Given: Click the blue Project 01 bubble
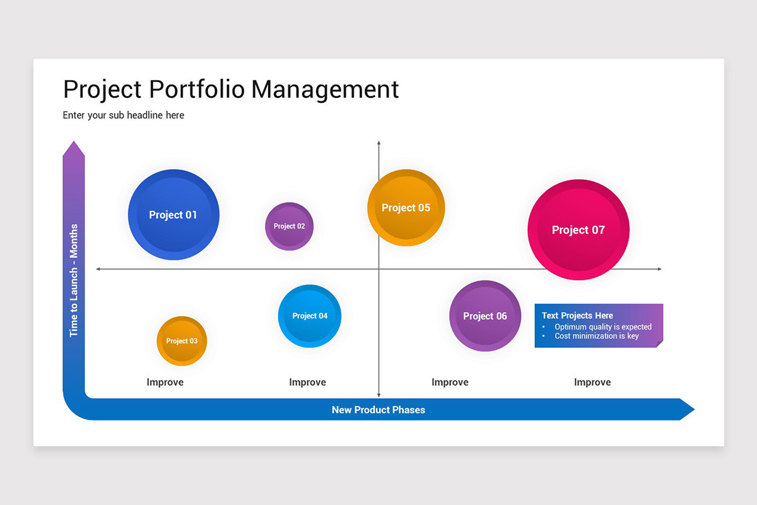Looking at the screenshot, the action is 173,215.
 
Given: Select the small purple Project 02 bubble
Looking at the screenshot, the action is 290,226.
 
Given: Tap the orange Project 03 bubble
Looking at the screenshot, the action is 182,341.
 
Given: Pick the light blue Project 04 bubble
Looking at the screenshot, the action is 310,316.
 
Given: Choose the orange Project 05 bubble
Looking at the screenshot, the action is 406,208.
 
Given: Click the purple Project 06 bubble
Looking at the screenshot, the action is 485,316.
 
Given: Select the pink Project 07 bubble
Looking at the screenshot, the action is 578,230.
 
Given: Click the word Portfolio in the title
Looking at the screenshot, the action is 197,89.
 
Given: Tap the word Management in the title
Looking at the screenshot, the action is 325,89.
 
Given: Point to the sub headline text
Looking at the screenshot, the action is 124,116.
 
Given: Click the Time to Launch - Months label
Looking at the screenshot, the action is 74,280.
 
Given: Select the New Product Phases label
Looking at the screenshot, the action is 378,410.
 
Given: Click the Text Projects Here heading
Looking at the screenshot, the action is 577,316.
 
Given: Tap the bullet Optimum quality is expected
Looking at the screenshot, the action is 603,327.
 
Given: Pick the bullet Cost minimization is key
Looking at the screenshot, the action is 597,336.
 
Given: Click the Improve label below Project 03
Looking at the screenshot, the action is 165,382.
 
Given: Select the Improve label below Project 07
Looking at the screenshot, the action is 592,382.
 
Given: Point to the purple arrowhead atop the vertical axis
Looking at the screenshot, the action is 74,149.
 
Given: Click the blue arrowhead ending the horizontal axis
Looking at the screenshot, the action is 687,409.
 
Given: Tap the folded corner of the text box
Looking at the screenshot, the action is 660,344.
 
